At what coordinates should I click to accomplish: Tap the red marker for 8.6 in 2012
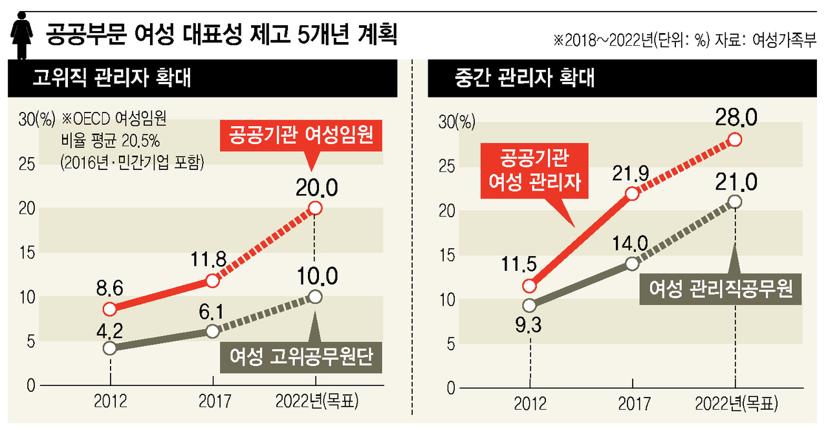pyautogui.click(x=110, y=308)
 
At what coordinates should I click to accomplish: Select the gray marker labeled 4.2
pyautogui.click(x=110, y=348)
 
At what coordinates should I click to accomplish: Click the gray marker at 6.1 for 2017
pyautogui.click(x=212, y=331)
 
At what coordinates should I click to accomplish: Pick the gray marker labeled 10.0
pyautogui.click(x=315, y=297)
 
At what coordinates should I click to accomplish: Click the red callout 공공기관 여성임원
pyautogui.click(x=301, y=136)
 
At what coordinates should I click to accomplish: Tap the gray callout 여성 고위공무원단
pyautogui.click(x=301, y=356)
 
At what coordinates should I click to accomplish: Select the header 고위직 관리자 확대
pyautogui.click(x=111, y=80)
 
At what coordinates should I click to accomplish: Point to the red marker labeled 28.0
pyautogui.click(x=735, y=140)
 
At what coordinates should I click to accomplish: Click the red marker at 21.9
pyautogui.click(x=633, y=193)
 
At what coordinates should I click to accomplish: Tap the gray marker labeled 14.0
pyautogui.click(x=633, y=264)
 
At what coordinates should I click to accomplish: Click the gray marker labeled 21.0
pyautogui.click(x=735, y=202)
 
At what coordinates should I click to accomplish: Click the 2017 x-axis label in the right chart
pyautogui.click(x=634, y=405)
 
